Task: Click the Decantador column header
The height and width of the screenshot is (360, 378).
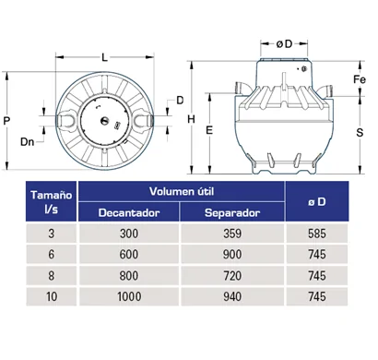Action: (129, 212)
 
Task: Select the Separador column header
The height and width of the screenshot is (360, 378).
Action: (232, 212)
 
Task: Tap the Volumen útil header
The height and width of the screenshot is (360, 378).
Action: (182, 191)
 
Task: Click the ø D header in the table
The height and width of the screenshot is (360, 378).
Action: (317, 201)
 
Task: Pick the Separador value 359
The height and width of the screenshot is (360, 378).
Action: (232, 234)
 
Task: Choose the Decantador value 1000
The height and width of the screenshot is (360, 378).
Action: (129, 296)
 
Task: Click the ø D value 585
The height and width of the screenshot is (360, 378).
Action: (317, 234)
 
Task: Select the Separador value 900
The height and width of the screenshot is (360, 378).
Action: (232, 255)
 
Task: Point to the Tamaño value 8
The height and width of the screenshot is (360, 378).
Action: (51, 275)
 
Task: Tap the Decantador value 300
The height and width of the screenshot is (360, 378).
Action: (129, 234)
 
